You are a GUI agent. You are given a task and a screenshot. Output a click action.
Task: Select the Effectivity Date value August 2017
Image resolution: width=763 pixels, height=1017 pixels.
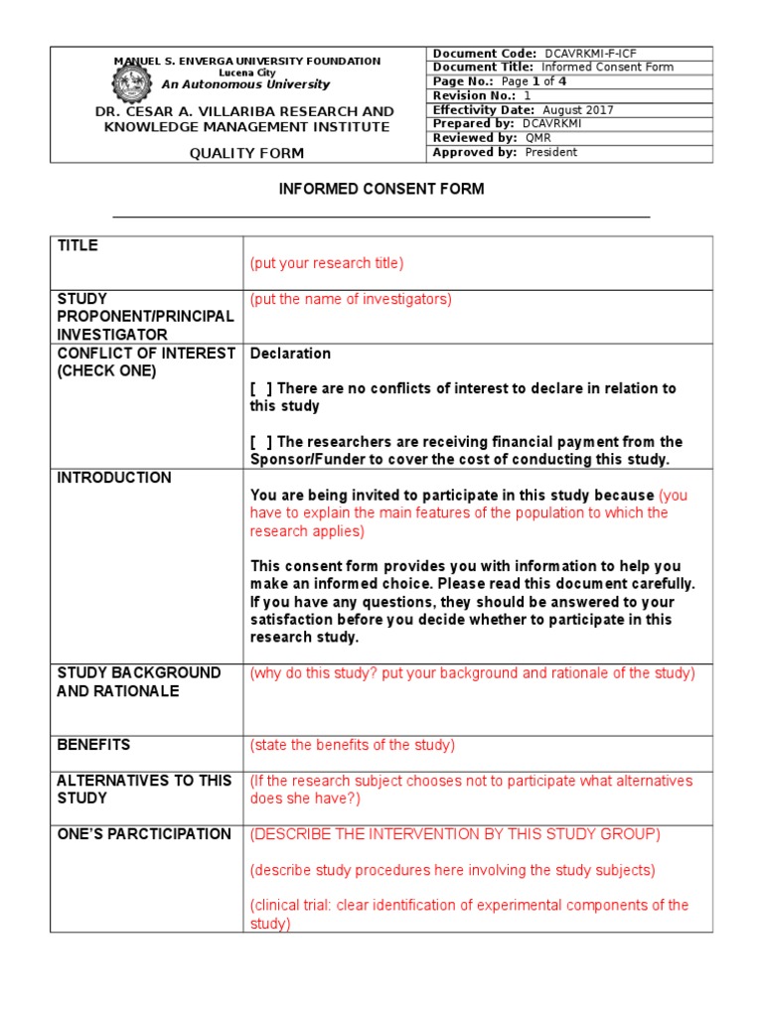[x=577, y=110]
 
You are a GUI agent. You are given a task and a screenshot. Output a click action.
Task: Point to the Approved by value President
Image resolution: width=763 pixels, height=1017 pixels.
[x=550, y=153]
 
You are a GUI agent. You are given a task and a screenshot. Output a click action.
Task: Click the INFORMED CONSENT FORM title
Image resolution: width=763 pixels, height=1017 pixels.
[x=381, y=189]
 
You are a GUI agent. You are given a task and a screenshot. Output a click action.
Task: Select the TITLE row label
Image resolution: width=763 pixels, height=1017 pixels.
[x=77, y=245]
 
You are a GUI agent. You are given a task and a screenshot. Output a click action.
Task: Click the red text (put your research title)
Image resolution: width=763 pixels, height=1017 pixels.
[x=327, y=263]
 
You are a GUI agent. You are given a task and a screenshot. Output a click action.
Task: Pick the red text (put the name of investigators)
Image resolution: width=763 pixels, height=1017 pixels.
[x=351, y=299]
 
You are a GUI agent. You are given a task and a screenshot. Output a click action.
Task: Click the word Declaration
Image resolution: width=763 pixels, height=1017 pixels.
[x=291, y=354]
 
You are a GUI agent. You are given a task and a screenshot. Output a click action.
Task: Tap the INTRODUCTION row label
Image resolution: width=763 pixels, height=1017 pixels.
[x=114, y=478]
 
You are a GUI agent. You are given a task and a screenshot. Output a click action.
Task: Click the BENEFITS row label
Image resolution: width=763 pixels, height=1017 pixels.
[x=93, y=745]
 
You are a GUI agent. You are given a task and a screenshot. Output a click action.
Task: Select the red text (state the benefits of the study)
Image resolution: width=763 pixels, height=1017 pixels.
[x=352, y=745]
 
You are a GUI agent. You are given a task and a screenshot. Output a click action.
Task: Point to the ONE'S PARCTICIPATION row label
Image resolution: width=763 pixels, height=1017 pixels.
[x=144, y=834]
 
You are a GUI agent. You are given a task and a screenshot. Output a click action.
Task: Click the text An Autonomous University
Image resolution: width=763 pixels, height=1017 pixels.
[x=245, y=85]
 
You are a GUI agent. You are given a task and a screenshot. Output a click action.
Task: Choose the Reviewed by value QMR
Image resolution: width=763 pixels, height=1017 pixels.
[x=537, y=138]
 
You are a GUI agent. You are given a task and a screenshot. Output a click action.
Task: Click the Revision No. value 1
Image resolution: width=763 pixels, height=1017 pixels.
[x=528, y=96]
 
